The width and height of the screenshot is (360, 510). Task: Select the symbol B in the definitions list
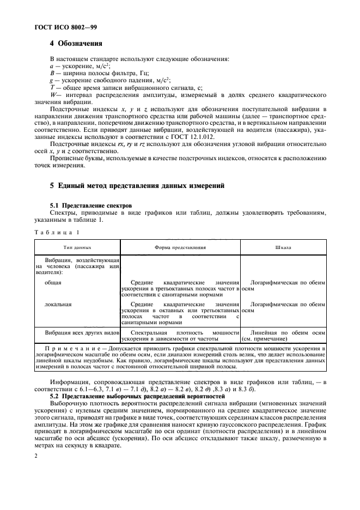tap(52, 72)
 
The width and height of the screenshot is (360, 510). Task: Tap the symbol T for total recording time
tap(52, 87)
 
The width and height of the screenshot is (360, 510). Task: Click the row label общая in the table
tap(53, 283)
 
